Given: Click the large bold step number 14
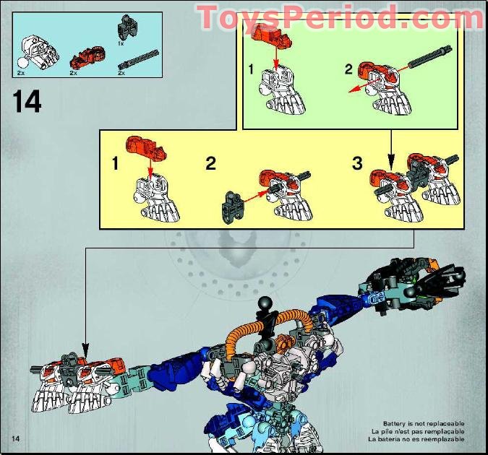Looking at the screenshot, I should coord(27,101).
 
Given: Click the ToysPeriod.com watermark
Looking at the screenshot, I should coord(341,17).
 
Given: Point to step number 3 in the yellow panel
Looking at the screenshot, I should coord(357,163).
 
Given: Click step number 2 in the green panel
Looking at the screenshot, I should coord(347,70).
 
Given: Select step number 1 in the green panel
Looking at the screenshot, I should coord(251,70).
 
